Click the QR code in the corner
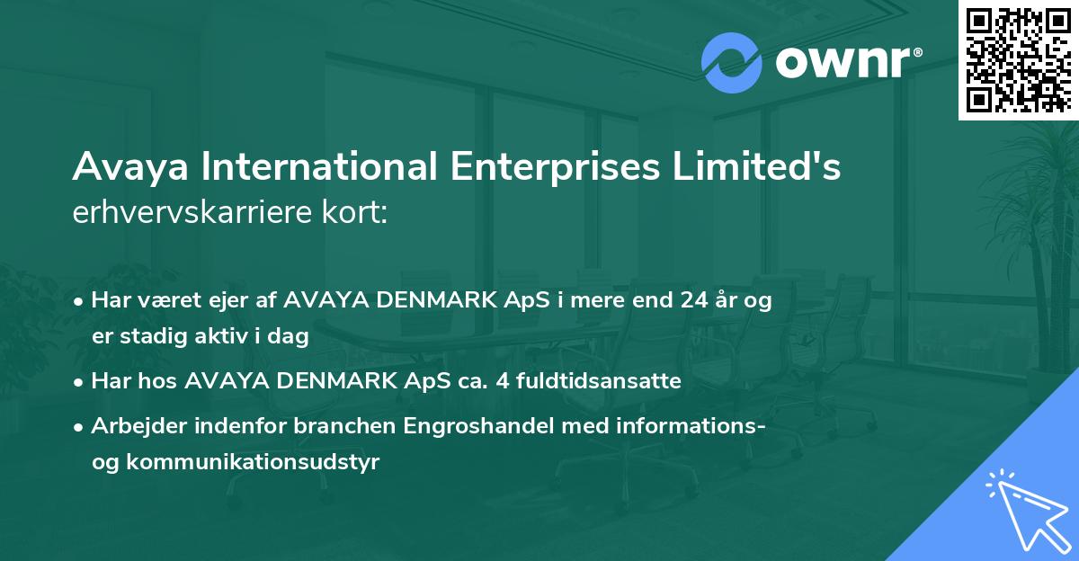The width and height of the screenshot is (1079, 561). coord(1019,59)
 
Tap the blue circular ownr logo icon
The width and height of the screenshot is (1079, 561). coord(732,62)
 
